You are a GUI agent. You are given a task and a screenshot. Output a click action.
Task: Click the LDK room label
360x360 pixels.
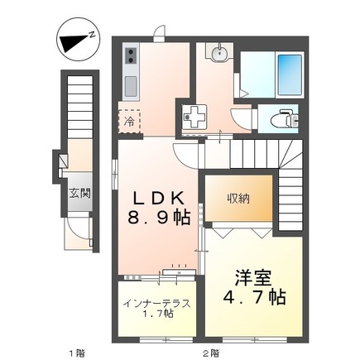tap(159, 198)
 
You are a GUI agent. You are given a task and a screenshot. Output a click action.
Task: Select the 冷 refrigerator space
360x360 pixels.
tap(129, 120)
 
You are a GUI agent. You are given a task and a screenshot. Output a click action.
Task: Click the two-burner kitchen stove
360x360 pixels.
tap(131, 57)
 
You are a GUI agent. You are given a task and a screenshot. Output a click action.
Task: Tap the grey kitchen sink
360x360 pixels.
tap(131, 84)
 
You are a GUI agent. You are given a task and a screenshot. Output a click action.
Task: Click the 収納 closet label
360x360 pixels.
tap(239, 199)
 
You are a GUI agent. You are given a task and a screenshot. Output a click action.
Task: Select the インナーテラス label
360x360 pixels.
tap(157, 303)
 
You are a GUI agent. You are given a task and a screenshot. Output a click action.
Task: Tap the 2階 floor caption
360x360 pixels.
tap(212, 352)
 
